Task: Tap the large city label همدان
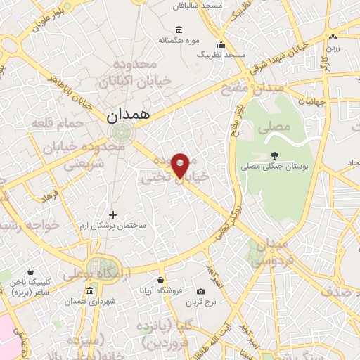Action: coord(127,116)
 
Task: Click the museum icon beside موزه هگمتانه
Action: coord(179,30)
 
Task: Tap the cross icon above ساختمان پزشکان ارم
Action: coord(112,214)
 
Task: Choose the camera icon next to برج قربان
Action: coord(201,291)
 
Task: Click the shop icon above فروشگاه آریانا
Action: coord(161,280)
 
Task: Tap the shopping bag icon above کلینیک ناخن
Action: coord(30,271)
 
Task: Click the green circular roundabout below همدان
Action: coord(123,131)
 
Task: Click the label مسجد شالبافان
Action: coord(207,5)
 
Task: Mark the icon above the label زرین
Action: coord(333,37)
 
